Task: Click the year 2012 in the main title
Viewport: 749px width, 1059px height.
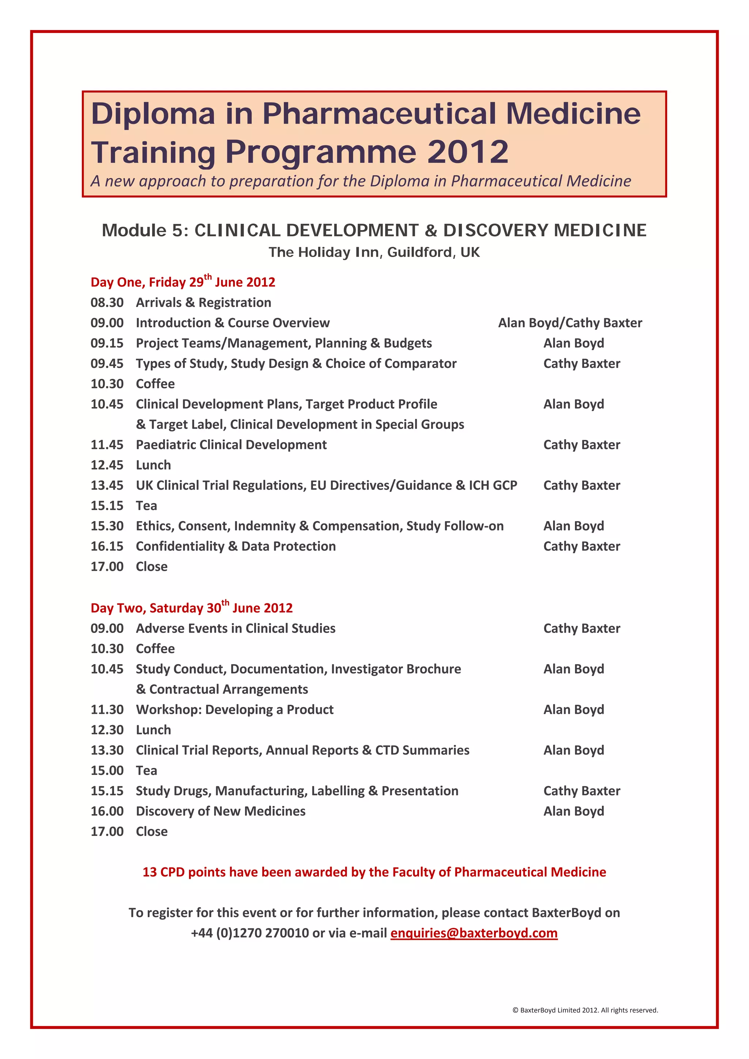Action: (x=468, y=152)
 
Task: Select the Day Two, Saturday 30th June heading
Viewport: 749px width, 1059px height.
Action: (x=191, y=607)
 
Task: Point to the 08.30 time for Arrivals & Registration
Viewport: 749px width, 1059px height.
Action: (x=107, y=302)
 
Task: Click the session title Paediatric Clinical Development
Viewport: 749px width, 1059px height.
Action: (x=231, y=445)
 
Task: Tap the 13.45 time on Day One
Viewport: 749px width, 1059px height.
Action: (x=107, y=485)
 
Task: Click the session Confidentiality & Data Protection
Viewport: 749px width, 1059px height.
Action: (x=236, y=546)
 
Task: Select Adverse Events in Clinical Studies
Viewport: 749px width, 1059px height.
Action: (x=236, y=628)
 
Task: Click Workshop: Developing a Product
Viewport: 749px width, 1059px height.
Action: (x=234, y=709)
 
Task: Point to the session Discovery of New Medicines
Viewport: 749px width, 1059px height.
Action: (x=221, y=811)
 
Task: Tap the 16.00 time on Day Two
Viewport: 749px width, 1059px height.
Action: (x=107, y=811)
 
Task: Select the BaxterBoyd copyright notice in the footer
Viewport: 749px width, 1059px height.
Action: (x=585, y=1010)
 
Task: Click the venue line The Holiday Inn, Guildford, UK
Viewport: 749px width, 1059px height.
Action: (x=374, y=252)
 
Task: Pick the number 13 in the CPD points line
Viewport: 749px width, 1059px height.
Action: (x=150, y=872)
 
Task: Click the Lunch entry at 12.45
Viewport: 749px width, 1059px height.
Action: (x=153, y=465)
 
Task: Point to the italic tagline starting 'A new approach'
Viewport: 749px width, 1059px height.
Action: (x=361, y=181)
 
